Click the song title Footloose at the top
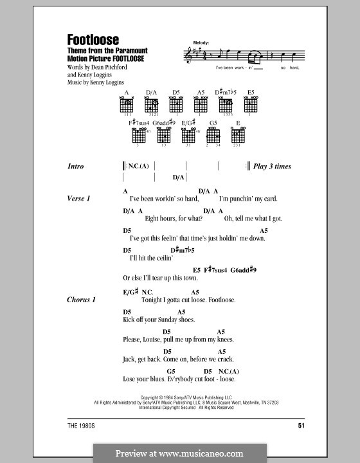click(93, 40)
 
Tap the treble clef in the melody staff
click(188, 57)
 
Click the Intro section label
click(76, 167)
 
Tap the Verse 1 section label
click(80, 199)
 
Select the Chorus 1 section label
click(81, 300)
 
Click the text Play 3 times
click(273, 167)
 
